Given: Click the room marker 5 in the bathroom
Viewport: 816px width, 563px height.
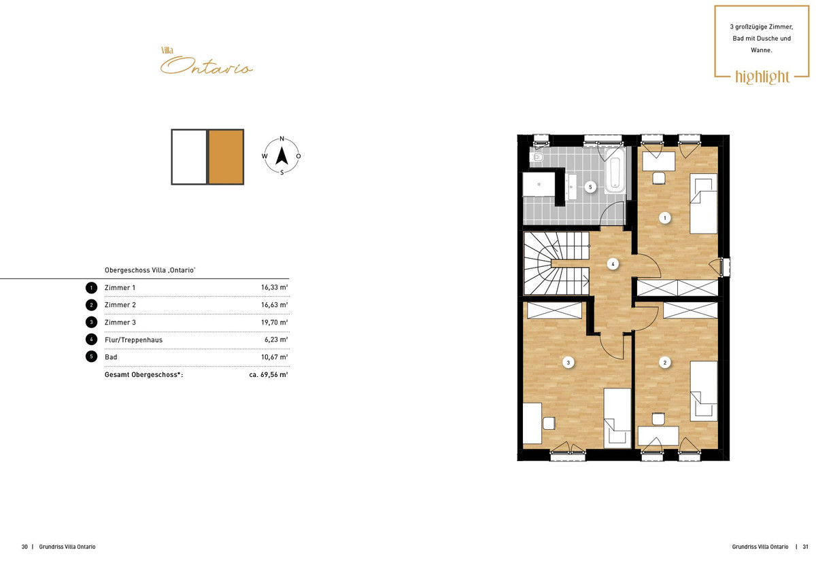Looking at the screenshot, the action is (x=590, y=187).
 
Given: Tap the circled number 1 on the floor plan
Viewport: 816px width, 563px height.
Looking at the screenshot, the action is (x=665, y=218).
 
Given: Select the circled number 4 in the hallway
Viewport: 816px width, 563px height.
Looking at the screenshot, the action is (x=613, y=264).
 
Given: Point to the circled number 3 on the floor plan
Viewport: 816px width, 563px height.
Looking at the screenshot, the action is (x=568, y=363).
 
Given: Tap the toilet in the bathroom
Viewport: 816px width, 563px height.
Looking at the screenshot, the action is (x=537, y=157).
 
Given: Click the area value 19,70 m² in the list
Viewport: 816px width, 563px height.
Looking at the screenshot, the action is (x=274, y=323).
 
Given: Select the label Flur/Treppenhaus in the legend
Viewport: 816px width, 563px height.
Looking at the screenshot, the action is (x=133, y=340).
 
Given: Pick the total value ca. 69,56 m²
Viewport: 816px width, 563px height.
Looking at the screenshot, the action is (x=269, y=374).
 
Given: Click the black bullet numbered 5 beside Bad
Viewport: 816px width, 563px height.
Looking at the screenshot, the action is (x=91, y=357).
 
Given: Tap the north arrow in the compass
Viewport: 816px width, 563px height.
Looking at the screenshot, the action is (x=282, y=156).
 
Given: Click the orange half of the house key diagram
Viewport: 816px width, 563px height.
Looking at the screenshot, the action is (x=226, y=157).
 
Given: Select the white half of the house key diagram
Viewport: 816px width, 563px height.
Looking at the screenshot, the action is (x=189, y=157).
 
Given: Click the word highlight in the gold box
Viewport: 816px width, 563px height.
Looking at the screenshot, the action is (x=762, y=77).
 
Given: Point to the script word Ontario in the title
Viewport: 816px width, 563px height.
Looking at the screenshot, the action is (x=207, y=65).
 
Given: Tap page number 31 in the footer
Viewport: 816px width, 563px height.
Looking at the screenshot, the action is (x=805, y=547).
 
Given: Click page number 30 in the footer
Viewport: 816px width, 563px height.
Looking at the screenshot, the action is (x=24, y=547).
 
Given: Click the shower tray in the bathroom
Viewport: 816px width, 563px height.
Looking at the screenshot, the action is (x=539, y=185).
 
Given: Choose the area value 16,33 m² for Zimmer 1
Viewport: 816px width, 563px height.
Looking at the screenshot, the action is (x=274, y=287).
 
